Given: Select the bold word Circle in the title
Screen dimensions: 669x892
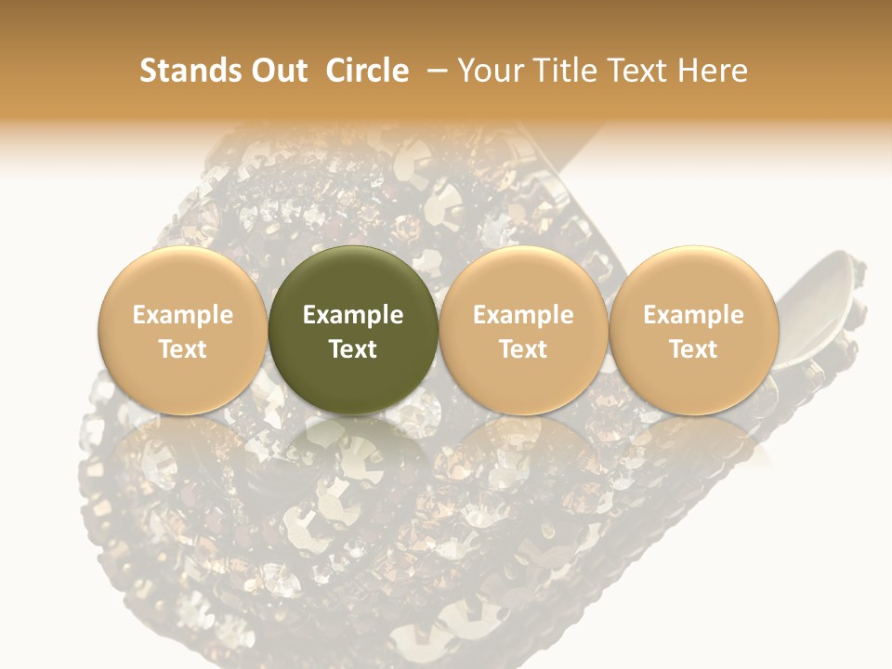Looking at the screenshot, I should click(367, 71).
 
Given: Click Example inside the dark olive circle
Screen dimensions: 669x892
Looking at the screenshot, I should click(353, 315).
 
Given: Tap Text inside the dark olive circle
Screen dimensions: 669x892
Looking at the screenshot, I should click(353, 349).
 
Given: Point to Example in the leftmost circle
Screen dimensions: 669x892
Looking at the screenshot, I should click(183, 315).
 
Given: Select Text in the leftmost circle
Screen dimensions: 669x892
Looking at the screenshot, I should click(183, 349).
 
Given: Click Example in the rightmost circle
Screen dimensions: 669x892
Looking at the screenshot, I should click(693, 315).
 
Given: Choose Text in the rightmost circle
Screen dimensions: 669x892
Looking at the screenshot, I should click(693, 349).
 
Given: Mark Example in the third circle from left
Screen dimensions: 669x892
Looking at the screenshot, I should click(523, 315).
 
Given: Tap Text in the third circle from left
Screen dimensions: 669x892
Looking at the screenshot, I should click(523, 349).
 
